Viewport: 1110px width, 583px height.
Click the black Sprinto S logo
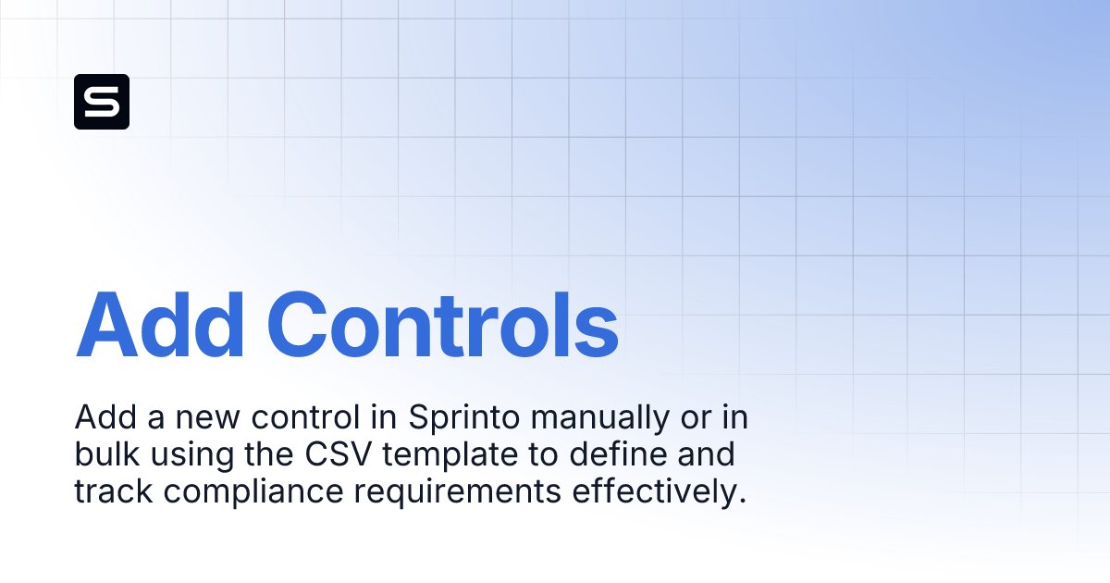click(x=102, y=102)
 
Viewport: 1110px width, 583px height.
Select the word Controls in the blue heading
click(x=442, y=326)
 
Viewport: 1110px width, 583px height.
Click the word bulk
click(x=104, y=455)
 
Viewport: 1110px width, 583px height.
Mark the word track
click(x=109, y=491)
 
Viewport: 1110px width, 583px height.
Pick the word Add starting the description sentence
click(x=98, y=419)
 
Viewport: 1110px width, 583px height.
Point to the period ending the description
click(x=742, y=501)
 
